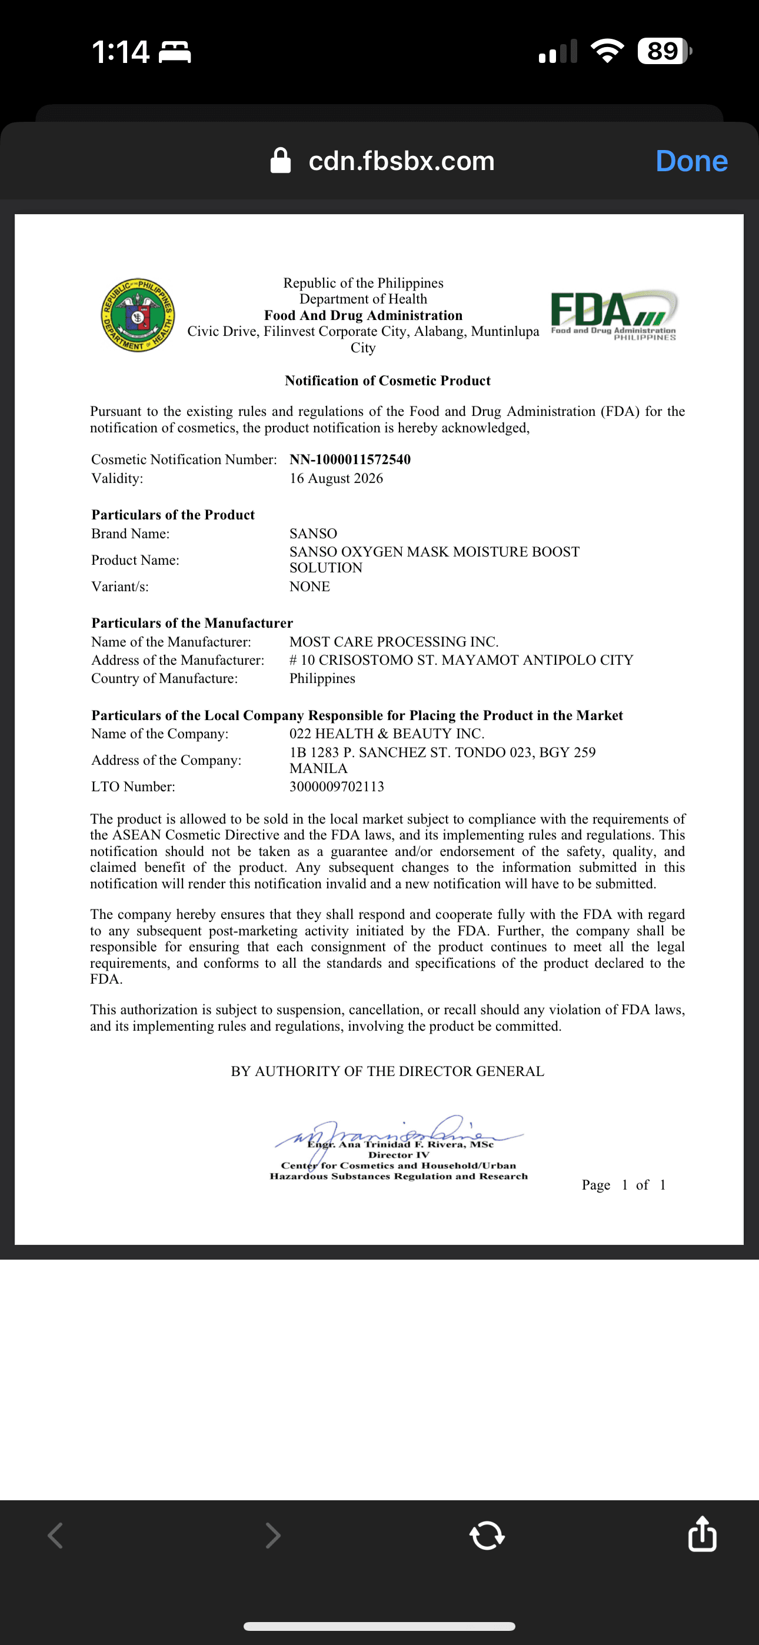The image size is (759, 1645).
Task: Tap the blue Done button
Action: [691, 161]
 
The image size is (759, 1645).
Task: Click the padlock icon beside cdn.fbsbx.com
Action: [281, 161]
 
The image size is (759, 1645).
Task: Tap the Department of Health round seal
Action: [138, 315]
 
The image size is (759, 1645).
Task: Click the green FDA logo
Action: [613, 315]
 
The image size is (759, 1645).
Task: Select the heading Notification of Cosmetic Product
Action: [387, 381]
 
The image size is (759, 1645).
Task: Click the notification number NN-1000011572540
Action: [349, 459]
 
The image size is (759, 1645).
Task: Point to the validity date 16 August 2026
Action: [336, 478]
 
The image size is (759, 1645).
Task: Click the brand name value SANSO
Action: [313, 533]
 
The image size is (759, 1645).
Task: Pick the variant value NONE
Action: [309, 586]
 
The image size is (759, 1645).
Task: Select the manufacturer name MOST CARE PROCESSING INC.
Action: [394, 642]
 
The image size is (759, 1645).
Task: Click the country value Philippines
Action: [322, 678]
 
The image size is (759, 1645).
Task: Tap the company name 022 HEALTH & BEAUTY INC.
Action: [387, 734]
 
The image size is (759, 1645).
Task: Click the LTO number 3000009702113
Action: [337, 787]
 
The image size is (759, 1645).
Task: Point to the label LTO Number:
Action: [133, 787]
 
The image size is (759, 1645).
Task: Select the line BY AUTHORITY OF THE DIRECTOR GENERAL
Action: [387, 1071]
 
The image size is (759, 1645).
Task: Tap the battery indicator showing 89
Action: [663, 51]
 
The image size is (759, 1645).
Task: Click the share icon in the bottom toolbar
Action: [702, 1534]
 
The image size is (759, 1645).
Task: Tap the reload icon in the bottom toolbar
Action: [487, 1535]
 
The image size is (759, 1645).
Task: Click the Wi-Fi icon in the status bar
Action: [608, 51]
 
